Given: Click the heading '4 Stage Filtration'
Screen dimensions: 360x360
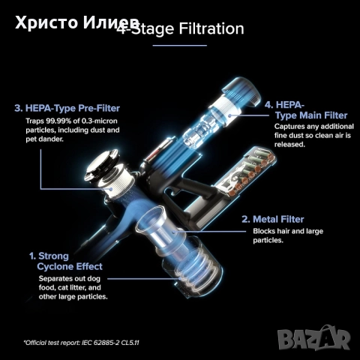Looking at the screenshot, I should (x=180, y=29).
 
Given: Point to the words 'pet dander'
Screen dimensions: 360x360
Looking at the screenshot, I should (x=55, y=140).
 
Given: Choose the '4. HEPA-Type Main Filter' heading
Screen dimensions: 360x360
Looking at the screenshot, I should (x=305, y=109).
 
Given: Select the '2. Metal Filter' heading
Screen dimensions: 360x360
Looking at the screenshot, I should (x=272, y=219).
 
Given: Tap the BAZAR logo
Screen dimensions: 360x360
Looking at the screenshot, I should (x=313, y=337).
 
